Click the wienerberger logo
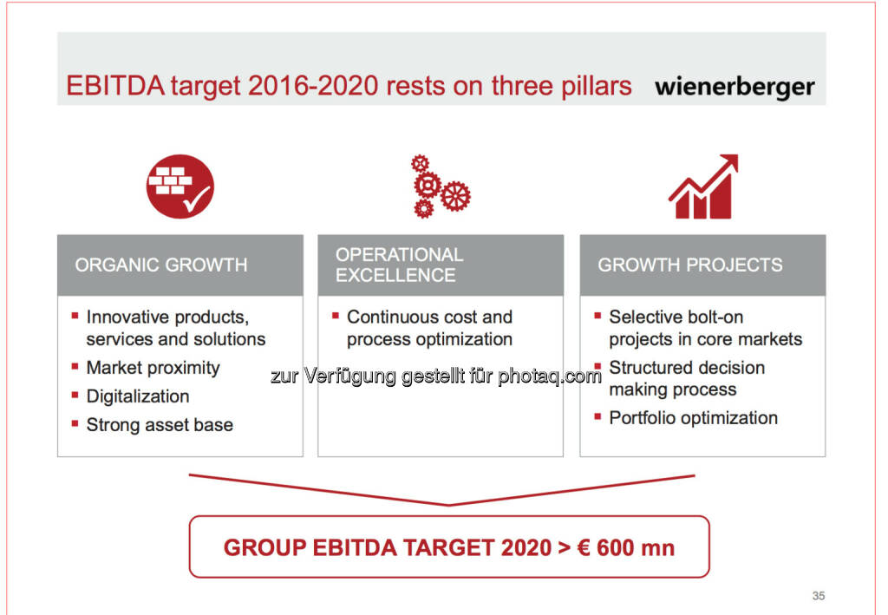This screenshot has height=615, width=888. pyautogui.click(x=735, y=88)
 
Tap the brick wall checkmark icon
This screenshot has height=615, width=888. pyautogui.click(x=180, y=186)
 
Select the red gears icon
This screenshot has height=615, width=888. pyautogui.click(x=440, y=186)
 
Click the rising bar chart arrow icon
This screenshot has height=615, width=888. pyautogui.click(x=703, y=186)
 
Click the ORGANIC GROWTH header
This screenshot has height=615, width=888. pyautogui.click(x=160, y=265)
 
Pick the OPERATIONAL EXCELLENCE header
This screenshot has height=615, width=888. pyautogui.click(x=399, y=265)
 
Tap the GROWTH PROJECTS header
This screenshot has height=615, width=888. pyautogui.click(x=689, y=265)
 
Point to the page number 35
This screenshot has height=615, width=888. pyautogui.click(x=819, y=596)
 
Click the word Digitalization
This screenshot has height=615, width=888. pyautogui.click(x=138, y=396)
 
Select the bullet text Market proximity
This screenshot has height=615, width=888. pyautogui.click(x=153, y=368)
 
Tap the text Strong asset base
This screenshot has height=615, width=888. pyautogui.click(x=160, y=425)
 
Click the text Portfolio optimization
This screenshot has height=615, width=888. pyautogui.click(x=693, y=418)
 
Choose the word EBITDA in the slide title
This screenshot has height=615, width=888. pyautogui.click(x=115, y=86)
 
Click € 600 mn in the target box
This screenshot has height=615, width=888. pyautogui.click(x=626, y=548)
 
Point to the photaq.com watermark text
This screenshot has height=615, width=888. pyautogui.click(x=549, y=376)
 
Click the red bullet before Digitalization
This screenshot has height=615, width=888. pyautogui.click(x=75, y=395)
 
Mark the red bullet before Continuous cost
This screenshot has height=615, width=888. pyautogui.click(x=336, y=316)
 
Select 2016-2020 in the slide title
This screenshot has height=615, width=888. pyautogui.click(x=313, y=86)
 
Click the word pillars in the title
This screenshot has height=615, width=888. pyautogui.click(x=597, y=87)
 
